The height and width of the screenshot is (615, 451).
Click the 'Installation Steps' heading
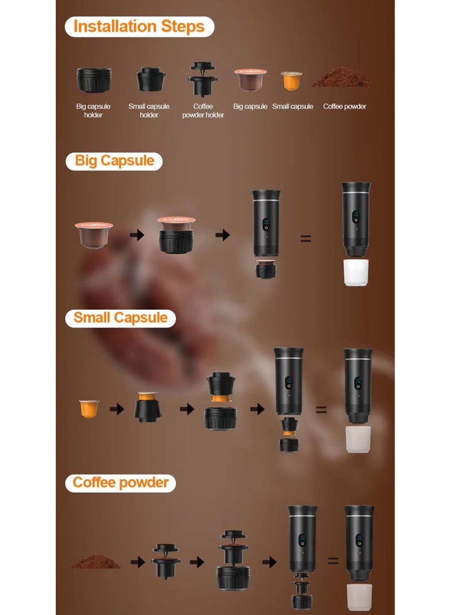tap(139, 26)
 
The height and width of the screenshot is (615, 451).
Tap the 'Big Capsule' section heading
tap(114, 161)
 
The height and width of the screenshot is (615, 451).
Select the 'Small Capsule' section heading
tap(121, 318)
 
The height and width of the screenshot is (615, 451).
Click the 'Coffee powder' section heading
tap(121, 483)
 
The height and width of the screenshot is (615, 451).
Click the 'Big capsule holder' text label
tap(94, 110)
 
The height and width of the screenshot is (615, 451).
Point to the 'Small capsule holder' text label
tap(149, 110)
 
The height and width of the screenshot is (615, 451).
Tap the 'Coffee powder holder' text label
tap(203, 110)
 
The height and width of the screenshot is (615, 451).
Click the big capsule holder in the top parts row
tap(94, 80)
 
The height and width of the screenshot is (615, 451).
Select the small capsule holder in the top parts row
tap(150, 79)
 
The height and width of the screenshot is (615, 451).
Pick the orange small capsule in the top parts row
tap(291, 81)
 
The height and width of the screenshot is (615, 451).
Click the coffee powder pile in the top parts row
tap(342, 77)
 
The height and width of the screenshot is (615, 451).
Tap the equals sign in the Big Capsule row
tap(306, 238)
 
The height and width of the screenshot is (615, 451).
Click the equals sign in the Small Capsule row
tap(321, 410)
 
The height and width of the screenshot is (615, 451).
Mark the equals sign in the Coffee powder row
tap(333, 561)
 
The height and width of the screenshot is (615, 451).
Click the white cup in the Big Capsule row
tap(356, 272)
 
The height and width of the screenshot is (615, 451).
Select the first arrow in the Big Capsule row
tap(137, 235)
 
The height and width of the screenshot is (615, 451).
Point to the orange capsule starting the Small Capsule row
tap(89, 408)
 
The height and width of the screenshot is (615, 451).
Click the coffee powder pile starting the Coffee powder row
tap(96, 561)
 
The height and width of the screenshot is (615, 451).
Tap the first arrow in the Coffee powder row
tap(138, 561)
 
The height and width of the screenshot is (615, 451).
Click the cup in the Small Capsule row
tap(358, 439)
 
